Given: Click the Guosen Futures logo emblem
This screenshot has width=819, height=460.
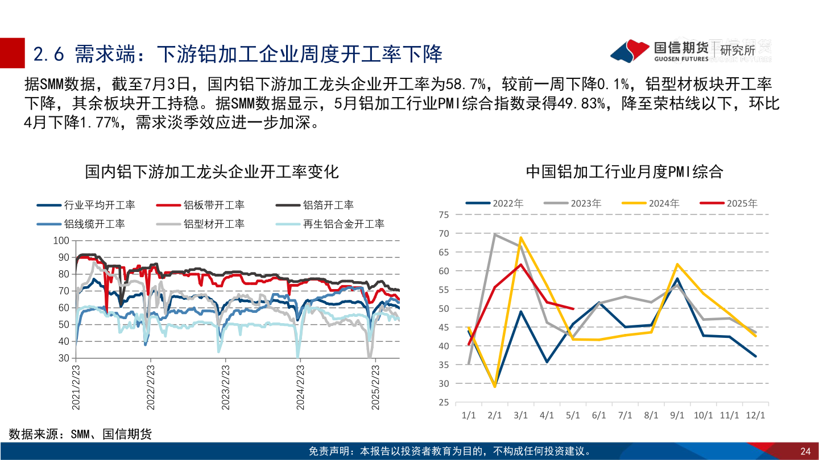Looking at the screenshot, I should coord(630,51).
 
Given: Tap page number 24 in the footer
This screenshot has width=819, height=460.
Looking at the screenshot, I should coord(805,451).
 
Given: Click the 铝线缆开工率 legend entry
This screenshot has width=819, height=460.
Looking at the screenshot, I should coord(94,224).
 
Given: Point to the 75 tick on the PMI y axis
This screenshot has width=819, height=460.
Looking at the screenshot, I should coord(444,215).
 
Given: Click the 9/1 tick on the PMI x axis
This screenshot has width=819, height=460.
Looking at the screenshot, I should coord(677,415).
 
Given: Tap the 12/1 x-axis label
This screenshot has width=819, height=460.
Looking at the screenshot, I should coord(755,415).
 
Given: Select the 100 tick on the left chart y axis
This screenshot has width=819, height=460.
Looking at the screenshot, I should coord(60,241).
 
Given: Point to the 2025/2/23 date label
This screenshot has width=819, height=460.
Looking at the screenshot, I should coord(375,387).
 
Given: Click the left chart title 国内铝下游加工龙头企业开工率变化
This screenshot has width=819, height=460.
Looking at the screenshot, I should coord(212,172).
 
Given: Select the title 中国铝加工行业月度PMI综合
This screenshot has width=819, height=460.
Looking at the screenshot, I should coord(624,172).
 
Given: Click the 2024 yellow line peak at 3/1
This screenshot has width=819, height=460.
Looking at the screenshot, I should coord(520,237).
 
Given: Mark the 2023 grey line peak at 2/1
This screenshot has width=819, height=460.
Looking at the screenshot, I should coord(495,234).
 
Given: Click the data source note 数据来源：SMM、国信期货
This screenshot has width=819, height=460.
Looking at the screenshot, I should coord(80,434).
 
